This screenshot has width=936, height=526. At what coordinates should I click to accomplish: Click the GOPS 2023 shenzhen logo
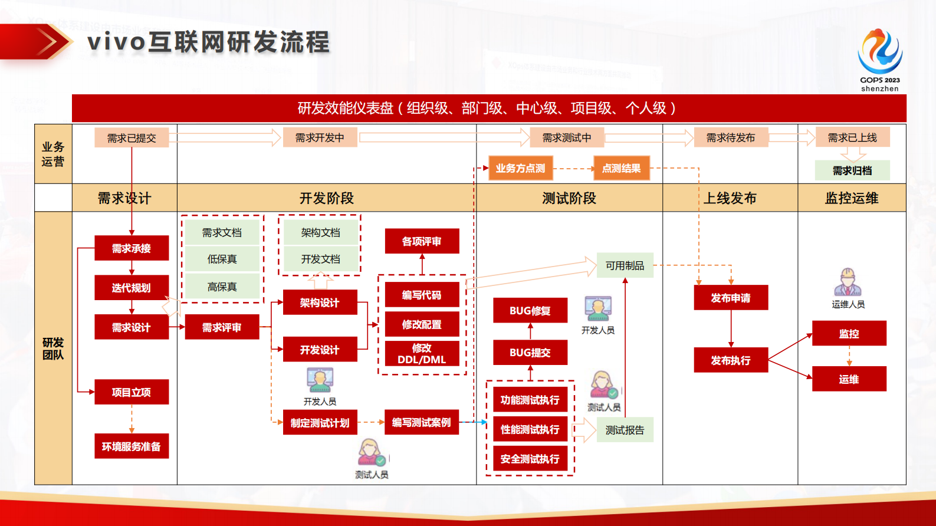(879, 59)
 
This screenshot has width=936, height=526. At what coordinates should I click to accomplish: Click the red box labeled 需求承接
(132, 248)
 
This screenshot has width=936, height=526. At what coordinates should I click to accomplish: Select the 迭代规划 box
(132, 288)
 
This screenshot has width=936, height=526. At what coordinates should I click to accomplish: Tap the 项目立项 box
(132, 392)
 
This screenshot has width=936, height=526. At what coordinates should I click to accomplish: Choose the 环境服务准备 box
(132, 446)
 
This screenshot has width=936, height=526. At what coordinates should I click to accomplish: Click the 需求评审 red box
(222, 327)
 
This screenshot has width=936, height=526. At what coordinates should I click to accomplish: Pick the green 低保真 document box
(222, 259)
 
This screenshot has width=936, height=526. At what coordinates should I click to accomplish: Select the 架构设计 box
(320, 303)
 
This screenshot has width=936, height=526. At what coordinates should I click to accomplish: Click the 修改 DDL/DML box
(422, 354)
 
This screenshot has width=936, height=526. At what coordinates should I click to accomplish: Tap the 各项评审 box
(422, 241)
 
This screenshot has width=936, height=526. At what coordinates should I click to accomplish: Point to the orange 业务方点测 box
(520, 168)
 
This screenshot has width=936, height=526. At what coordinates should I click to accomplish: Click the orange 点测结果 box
(621, 168)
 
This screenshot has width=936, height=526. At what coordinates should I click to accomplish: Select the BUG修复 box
(530, 311)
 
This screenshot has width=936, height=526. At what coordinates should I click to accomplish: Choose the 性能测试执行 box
(530, 429)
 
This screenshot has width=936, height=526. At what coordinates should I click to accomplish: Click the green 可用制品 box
(625, 265)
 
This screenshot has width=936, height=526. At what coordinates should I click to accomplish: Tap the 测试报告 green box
(625, 430)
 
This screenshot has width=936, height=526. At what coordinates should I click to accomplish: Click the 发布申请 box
(731, 298)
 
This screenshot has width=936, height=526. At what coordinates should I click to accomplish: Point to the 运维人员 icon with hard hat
(848, 282)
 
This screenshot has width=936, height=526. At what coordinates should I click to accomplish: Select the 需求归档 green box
(852, 170)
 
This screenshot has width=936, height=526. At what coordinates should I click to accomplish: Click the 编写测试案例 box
(421, 422)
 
